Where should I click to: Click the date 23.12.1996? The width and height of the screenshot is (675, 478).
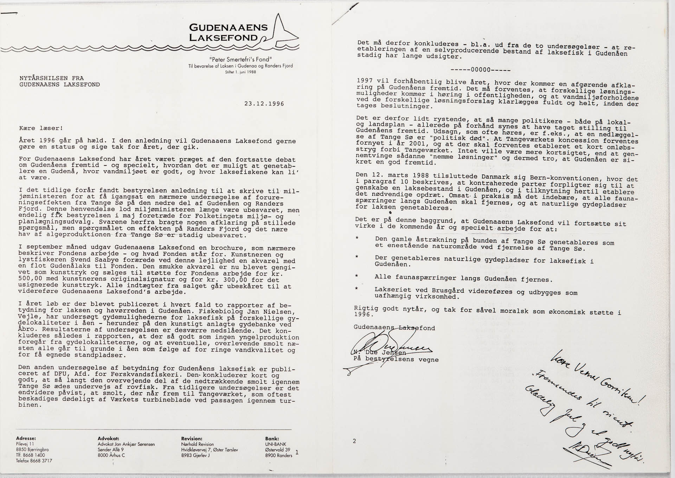(264, 104)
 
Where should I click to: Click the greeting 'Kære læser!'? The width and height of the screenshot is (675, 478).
(41, 128)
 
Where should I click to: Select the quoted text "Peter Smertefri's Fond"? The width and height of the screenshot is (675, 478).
(240, 59)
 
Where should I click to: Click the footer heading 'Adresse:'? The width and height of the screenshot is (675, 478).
(26, 439)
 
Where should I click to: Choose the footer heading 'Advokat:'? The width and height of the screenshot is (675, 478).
(108, 439)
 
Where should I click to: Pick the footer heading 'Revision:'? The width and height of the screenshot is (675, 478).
(192, 439)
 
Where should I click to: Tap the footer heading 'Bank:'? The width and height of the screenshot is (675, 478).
(272, 439)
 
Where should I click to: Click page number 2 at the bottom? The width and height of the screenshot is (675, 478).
(354, 441)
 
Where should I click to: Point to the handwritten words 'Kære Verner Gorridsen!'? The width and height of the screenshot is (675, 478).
(594, 384)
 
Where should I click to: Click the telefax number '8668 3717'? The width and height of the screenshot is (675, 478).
(41, 461)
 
